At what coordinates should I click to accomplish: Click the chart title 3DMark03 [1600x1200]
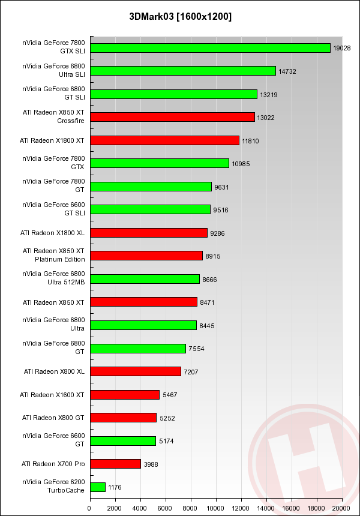(x=180, y=16)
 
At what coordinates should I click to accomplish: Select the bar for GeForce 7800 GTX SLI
(x=210, y=48)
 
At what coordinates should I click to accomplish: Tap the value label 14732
(x=286, y=71)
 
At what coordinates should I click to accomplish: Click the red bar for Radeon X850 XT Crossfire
(x=172, y=117)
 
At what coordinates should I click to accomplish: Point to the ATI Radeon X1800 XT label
(x=52, y=140)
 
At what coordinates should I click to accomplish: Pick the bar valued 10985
(x=159, y=163)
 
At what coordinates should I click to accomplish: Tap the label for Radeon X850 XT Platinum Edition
(x=53, y=255)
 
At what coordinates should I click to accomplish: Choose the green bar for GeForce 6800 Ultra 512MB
(x=145, y=279)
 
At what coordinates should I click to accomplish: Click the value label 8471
(x=208, y=302)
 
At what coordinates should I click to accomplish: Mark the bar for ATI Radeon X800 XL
(x=135, y=371)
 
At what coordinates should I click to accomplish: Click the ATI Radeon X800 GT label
(x=53, y=417)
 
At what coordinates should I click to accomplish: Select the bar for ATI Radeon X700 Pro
(x=115, y=464)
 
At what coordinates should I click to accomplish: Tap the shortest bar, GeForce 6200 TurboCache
(x=97, y=487)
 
